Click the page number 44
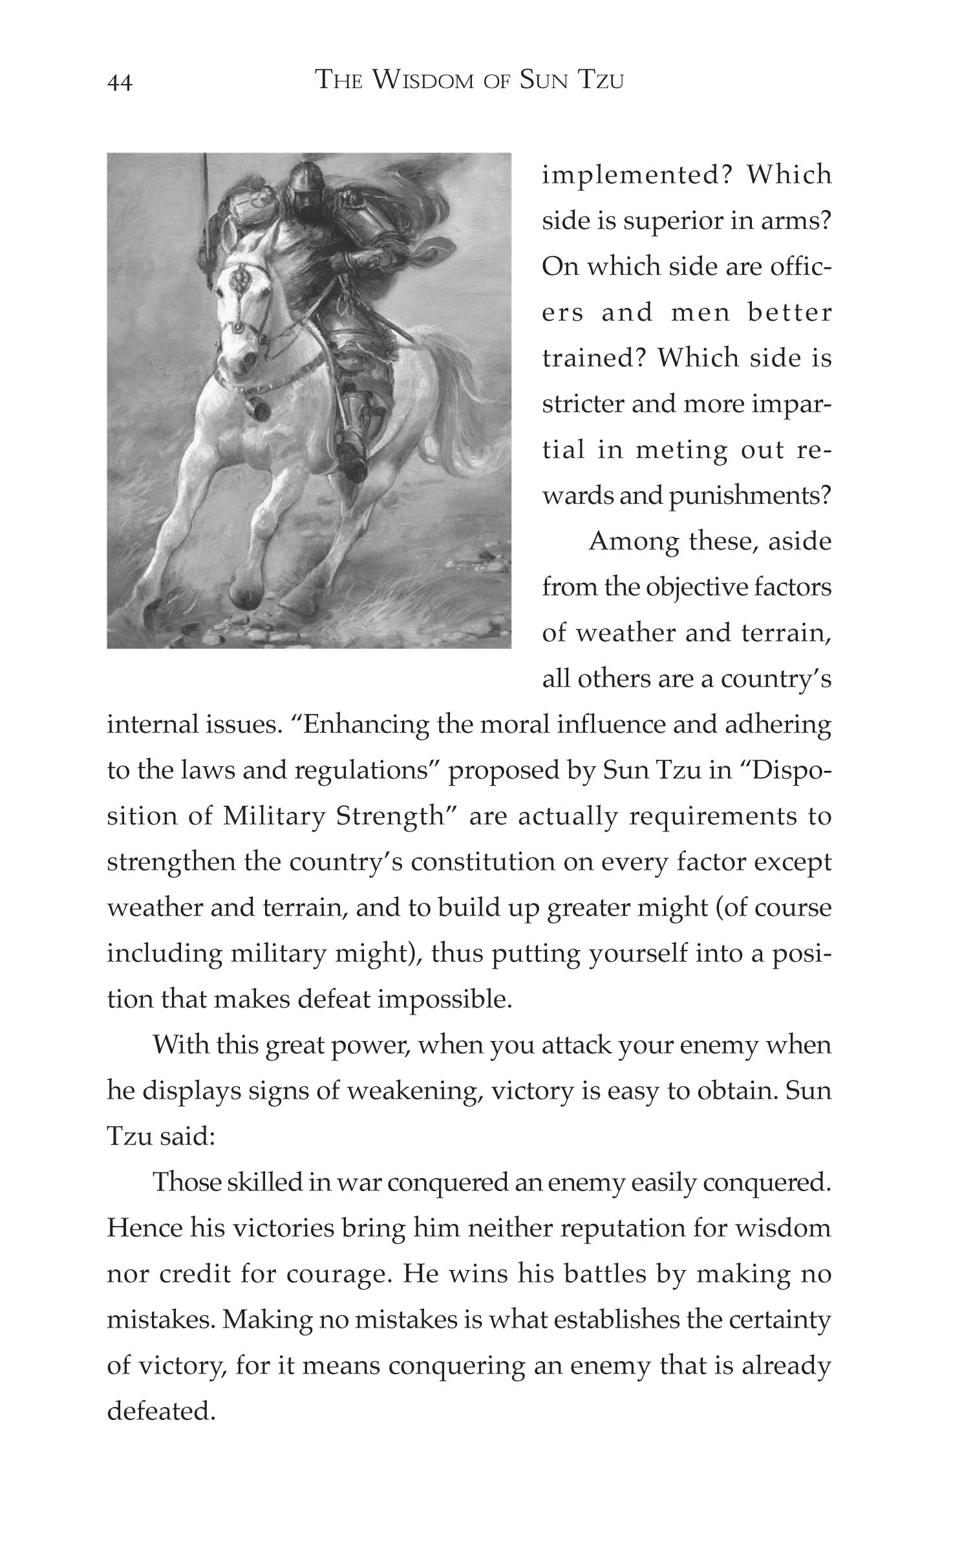(x=120, y=83)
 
